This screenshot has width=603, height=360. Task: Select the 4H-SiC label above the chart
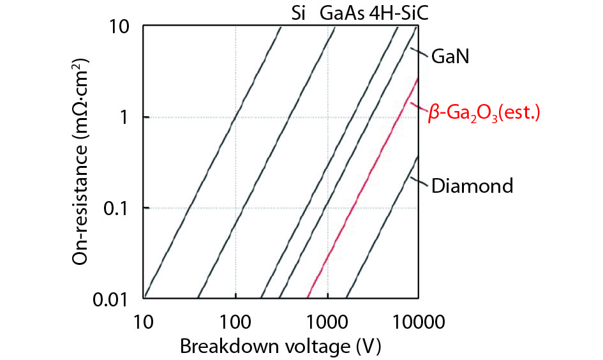pyautogui.click(x=398, y=12)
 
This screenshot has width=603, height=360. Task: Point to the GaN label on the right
pyautogui.click(x=450, y=56)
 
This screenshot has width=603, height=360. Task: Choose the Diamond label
pyautogui.click(x=472, y=186)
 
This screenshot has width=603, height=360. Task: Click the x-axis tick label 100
pyautogui.click(x=235, y=319)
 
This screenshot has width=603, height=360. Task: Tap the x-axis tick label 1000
pyautogui.click(x=327, y=319)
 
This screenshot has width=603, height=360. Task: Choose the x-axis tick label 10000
pyautogui.click(x=419, y=319)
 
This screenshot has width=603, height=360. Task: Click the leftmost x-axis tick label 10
pyautogui.click(x=144, y=319)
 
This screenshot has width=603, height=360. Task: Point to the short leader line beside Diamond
pyautogui.click(x=419, y=181)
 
